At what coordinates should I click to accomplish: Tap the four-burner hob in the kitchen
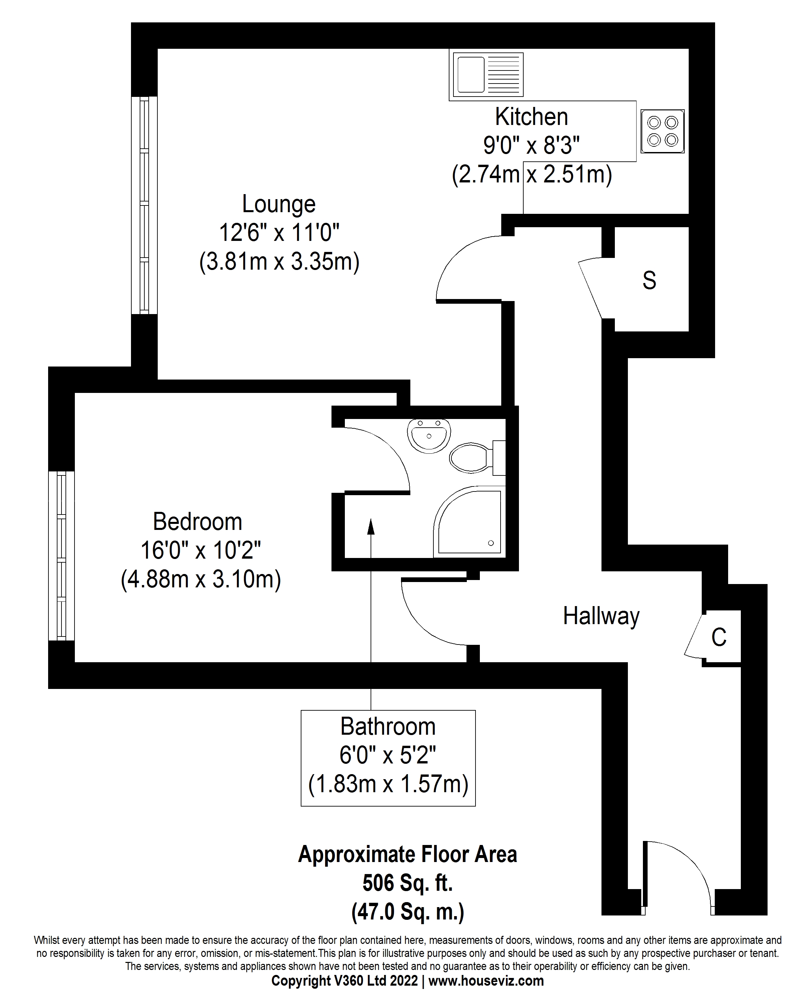point(662,131)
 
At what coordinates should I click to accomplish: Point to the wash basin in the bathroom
point(429,434)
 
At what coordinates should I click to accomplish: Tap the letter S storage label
point(649,280)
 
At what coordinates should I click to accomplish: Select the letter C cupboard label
point(718,637)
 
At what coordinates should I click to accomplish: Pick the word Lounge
point(279,204)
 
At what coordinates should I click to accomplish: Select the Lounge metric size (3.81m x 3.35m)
point(279,262)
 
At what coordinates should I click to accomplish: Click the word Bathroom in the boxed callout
point(388,727)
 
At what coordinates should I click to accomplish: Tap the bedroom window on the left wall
point(61,556)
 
